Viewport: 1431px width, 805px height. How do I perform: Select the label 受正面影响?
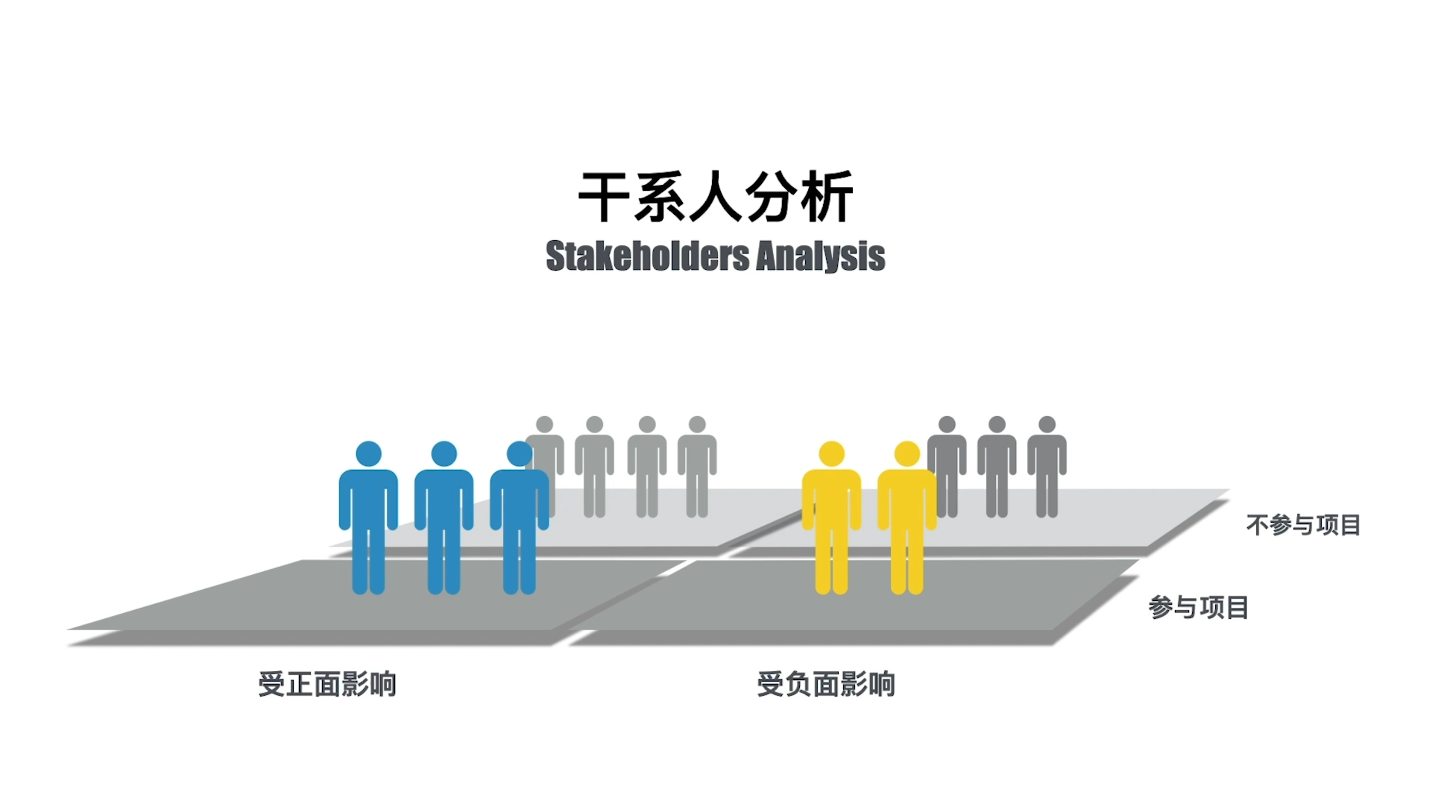coord(327,684)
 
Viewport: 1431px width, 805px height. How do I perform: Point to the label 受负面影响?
coord(826,684)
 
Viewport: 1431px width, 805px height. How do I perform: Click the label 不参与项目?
coord(1303,525)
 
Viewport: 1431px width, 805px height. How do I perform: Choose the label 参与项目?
coord(1199,607)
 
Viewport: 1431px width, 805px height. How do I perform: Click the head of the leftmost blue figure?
coord(368,454)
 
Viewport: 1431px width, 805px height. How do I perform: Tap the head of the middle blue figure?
coord(444,454)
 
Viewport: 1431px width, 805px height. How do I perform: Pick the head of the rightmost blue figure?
coord(519,454)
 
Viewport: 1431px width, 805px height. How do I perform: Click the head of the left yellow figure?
coord(832,454)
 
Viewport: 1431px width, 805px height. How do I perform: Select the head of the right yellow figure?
coord(907,454)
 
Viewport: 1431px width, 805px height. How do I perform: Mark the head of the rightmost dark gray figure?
coord(1047,424)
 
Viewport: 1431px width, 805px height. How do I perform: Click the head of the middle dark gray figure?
coord(997,424)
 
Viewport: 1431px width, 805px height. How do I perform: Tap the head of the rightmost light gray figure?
coord(697,424)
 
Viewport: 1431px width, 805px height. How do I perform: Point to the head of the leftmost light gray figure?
coord(544,424)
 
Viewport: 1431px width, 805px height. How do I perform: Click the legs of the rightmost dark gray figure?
coord(1047,494)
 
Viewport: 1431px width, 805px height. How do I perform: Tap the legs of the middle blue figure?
coord(444,561)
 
